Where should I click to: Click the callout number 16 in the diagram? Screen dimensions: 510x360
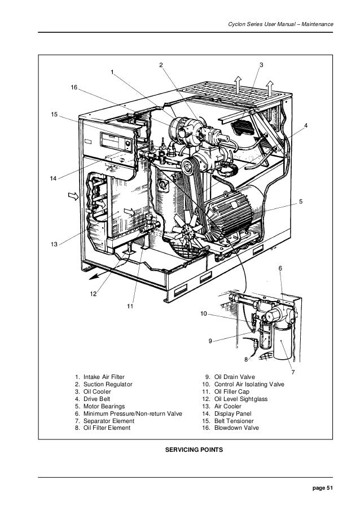click(x=74, y=88)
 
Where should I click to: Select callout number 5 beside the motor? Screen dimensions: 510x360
click(x=301, y=201)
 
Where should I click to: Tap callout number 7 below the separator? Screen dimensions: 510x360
click(x=292, y=372)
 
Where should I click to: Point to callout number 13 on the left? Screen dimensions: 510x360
click(x=54, y=244)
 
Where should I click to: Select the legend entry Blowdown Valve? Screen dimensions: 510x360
click(x=233, y=428)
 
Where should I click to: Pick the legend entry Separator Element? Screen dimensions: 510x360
click(x=108, y=421)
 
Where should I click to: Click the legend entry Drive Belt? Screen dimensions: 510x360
click(x=98, y=399)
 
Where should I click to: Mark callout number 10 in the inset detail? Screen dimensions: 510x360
click(x=204, y=313)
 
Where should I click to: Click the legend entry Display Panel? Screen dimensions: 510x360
click(x=232, y=413)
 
